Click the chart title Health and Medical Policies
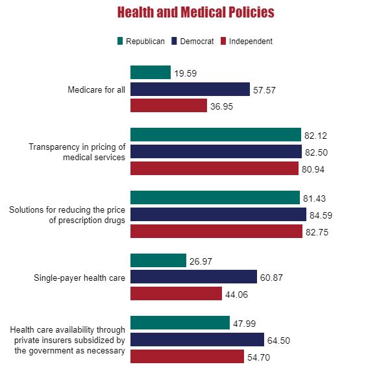(x=195, y=12)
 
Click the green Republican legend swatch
(x=119, y=41)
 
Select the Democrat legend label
(x=197, y=41)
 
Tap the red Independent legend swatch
(x=223, y=41)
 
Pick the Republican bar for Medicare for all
(x=151, y=73)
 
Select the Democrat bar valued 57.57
(x=190, y=89)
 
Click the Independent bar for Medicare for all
(x=169, y=106)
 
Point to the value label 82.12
(x=315, y=136)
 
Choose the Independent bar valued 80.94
(x=214, y=169)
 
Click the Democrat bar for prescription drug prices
(x=218, y=215)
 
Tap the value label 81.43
(x=314, y=198)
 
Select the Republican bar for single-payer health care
(x=158, y=261)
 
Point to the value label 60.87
(x=271, y=278)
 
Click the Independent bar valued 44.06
(x=176, y=294)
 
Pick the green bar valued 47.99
(x=180, y=323)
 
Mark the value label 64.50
(x=278, y=340)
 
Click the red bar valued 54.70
(x=187, y=357)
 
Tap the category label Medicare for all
(x=96, y=90)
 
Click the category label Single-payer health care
(x=79, y=278)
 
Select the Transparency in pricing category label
(x=77, y=152)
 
